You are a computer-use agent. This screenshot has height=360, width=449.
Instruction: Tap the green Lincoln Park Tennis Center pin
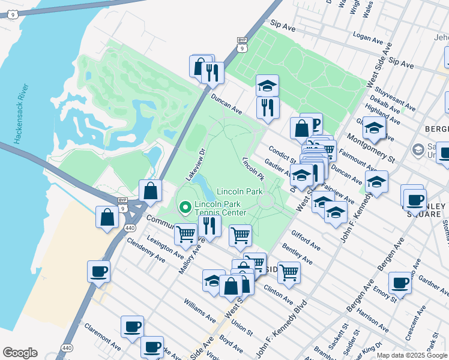[185, 208]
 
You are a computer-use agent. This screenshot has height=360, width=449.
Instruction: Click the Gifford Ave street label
[304, 240]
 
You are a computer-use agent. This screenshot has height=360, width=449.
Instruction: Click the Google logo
[20, 353]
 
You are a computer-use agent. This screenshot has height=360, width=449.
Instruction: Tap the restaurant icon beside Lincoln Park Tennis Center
[209, 225]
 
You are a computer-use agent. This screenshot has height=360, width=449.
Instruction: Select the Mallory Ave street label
[190, 259]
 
